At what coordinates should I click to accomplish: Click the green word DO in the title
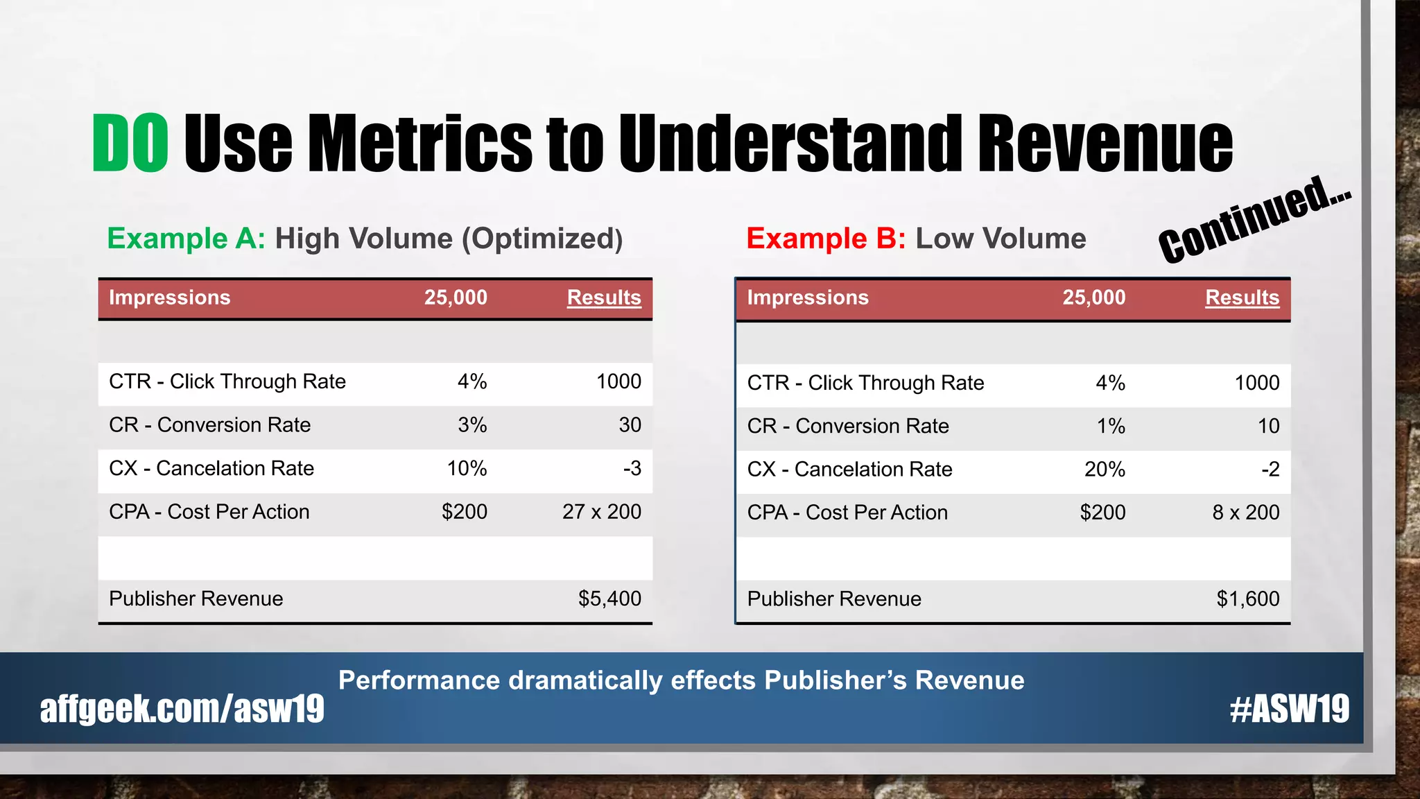point(130,143)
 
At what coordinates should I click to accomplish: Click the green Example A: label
point(186,239)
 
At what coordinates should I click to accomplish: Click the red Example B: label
point(826,239)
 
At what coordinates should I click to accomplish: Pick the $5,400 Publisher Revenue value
point(609,599)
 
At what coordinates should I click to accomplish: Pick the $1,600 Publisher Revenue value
point(1247,599)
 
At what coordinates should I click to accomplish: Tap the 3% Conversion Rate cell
point(472,425)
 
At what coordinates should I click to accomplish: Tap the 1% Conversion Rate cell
point(1111,426)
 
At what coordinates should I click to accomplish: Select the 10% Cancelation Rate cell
point(467,468)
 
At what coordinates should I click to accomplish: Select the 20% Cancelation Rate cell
point(1105,470)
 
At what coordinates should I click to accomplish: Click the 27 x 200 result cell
point(601,512)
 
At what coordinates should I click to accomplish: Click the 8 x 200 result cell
point(1245,513)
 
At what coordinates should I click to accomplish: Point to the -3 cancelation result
point(632,468)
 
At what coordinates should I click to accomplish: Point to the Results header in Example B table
point(1242,298)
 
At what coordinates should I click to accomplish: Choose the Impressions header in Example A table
point(169,298)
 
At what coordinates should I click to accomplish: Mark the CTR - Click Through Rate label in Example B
point(865,383)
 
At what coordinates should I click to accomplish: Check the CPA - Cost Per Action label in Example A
point(209,512)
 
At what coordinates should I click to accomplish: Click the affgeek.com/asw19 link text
point(182,709)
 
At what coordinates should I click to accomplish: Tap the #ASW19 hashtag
point(1289,709)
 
